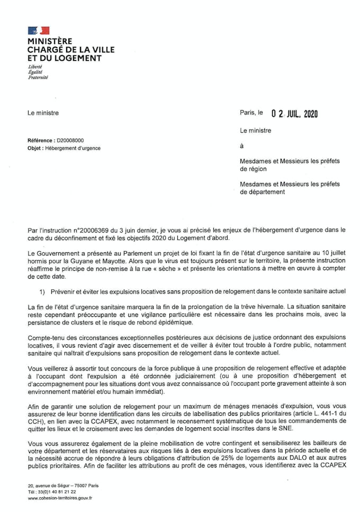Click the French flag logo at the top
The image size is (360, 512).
[38, 31]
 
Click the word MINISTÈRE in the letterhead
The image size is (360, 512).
[50, 41]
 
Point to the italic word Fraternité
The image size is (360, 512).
[38, 77]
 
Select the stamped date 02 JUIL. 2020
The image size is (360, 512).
[294, 113]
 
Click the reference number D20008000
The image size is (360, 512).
[70, 141]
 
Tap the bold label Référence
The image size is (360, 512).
[40, 141]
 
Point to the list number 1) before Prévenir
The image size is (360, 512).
[42, 291]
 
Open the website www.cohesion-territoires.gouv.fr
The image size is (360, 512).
[60, 498]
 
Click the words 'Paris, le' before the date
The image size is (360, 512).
[251, 113]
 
